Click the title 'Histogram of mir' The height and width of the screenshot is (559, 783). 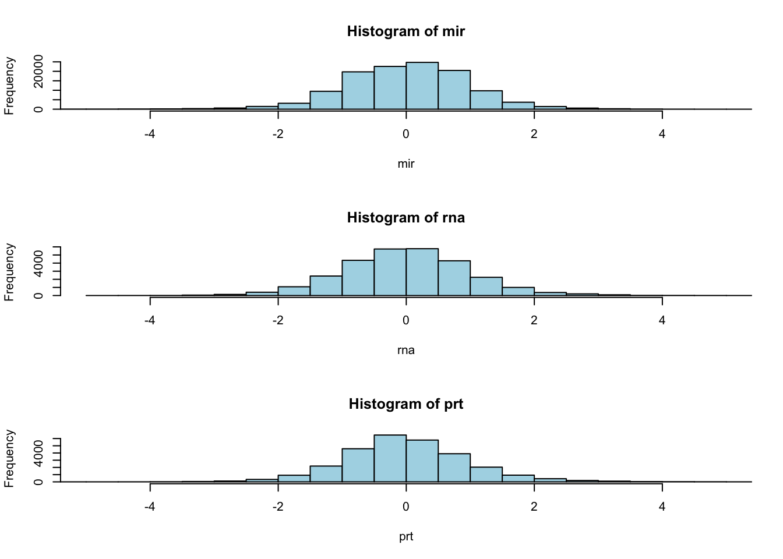click(405, 31)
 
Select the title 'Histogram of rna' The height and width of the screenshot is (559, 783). click(405, 218)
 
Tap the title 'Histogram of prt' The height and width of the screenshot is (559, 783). click(405, 404)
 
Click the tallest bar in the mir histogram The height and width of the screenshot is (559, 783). click(422, 86)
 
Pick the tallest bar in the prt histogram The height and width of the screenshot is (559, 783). click(390, 458)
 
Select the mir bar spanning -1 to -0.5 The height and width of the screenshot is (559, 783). click(358, 90)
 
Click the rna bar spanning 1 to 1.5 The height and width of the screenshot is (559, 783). click(486, 286)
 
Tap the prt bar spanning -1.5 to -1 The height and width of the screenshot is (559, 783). click(326, 474)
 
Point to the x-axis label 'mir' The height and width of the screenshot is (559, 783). click(405, 164)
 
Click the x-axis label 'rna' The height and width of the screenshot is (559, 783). click(405, 350)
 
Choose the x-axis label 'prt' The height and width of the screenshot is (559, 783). click(405, 536)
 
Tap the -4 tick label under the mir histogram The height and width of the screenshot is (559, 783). click(150, 134)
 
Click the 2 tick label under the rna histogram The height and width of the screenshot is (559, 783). click(534, 320)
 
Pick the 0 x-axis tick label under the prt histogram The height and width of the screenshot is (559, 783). click(405, 507)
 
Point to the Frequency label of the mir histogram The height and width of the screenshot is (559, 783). click(9, 86)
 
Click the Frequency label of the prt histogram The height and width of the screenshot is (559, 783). click(9, 458)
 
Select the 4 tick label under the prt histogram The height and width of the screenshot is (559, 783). click(662, 507)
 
